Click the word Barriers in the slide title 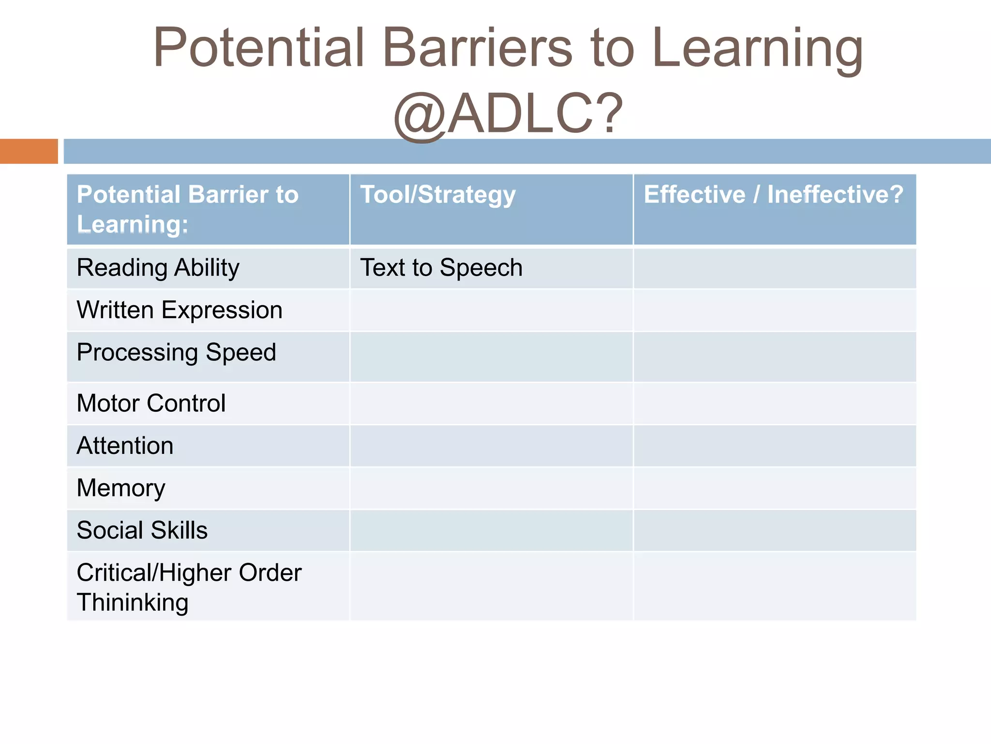pos(477,47)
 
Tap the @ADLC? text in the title pos(508,114)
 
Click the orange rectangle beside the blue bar pos(29,151)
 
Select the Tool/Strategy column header pos(437,195)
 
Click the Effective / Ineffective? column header pos(773,195)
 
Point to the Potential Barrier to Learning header pos(188,209)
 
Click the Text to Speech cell pos(441,268)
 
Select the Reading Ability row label pos(158,268)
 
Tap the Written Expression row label pos(179,310)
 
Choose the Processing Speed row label pos(176,352)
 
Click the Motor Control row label pos(151,403)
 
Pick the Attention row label pos(125,446)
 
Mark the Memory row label pos(121,488)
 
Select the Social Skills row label pos(142,530)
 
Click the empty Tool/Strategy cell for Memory pos(491,488)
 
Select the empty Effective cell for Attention pos(774,446)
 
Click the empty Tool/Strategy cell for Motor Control pos(491,403)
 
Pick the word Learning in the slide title pos(757,47)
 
